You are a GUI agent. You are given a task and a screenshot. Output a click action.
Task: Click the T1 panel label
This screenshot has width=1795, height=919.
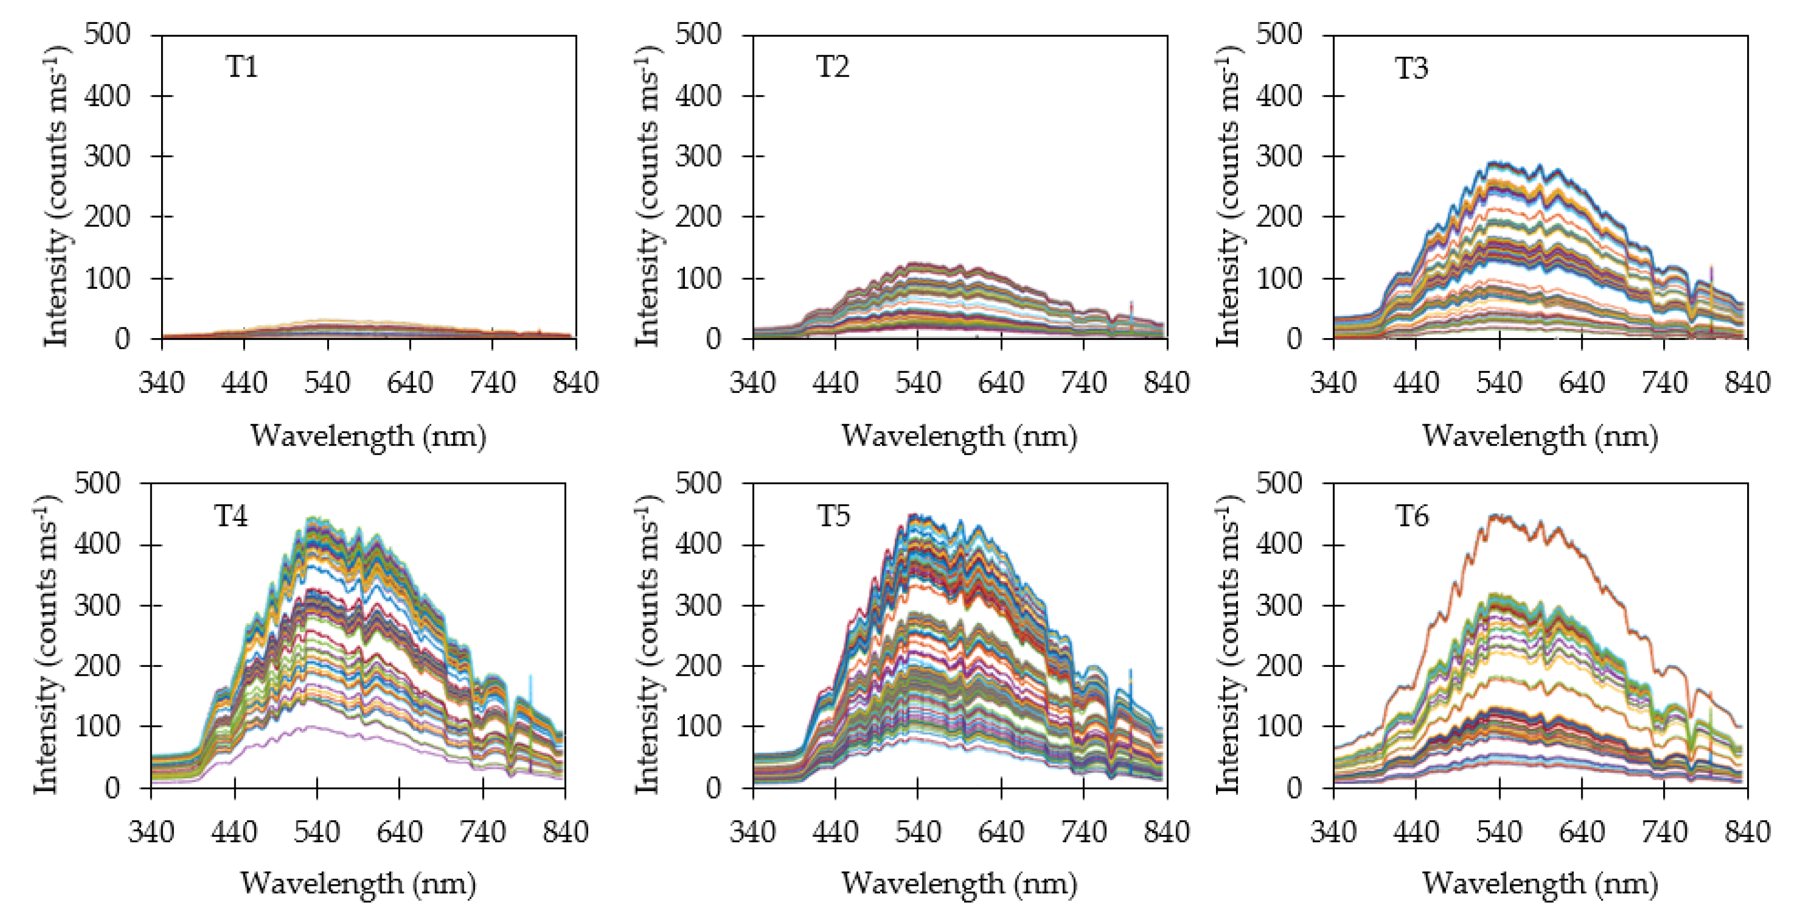pyautogui.click(x=242, y=67)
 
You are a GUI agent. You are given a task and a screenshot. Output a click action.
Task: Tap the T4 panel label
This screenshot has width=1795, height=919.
pyautogui.click(x=230, y=516)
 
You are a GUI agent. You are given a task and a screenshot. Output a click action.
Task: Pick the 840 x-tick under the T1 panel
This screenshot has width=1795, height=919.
pyautogui.click(x=576, y=383)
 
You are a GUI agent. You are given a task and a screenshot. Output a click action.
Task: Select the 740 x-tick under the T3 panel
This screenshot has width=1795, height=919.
pyautogui.click(x=1665, y=383)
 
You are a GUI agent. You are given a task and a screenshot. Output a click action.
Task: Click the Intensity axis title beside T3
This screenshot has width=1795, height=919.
pyautogui.click(x=1229, y=195)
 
